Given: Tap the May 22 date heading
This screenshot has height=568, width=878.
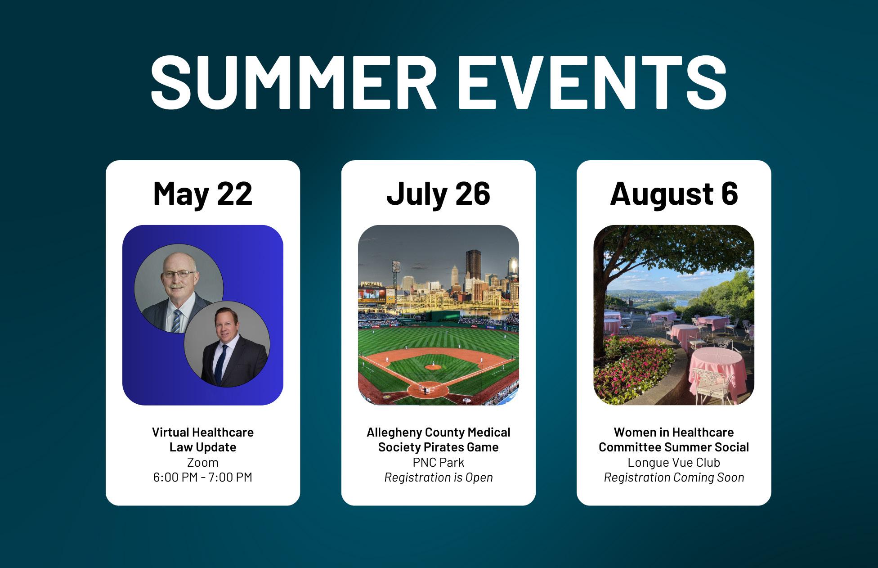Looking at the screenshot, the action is coord(203,194).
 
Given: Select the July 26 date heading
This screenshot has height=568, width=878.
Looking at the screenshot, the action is coord(439,194).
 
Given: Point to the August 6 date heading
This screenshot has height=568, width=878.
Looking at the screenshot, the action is coord(674,194).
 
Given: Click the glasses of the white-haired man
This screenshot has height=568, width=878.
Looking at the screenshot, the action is coord(179,274).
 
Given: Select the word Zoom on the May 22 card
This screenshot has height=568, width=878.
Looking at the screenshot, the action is coord(203,462).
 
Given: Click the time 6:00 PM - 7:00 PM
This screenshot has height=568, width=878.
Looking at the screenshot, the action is coord(203,477).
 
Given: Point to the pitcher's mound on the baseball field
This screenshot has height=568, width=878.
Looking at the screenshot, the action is coord(433,367).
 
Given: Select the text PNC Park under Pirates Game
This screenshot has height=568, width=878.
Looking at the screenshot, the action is coord(439,462).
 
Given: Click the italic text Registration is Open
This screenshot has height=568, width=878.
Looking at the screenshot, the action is coord(439,477).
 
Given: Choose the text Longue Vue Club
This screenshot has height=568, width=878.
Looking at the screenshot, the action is coord(674,462).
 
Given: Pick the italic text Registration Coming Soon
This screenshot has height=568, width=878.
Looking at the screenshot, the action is coord(674,477).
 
